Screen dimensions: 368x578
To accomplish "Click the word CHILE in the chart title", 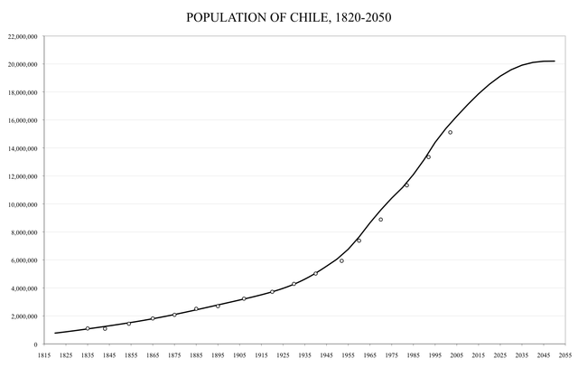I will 312,17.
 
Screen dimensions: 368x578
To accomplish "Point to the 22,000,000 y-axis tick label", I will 21,37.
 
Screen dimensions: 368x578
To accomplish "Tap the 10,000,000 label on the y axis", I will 21,204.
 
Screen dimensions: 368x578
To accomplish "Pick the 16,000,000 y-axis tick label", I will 21,120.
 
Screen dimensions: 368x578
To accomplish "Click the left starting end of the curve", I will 55,333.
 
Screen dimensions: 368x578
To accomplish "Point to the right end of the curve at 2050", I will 555,61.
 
